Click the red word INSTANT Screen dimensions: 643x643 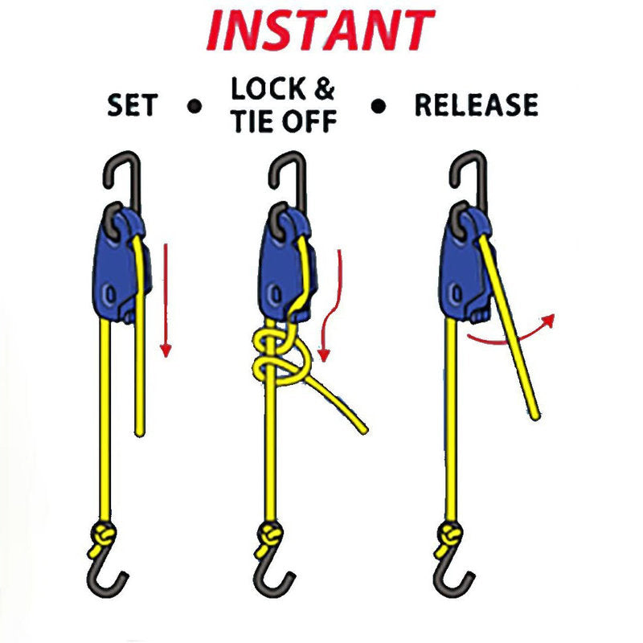[321, 31]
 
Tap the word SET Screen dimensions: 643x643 [133, 105]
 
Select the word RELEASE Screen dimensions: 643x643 [477, 104]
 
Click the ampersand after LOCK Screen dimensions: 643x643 [325, 88]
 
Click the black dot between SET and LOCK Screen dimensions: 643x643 [194, 107]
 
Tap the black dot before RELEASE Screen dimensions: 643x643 [378, 107]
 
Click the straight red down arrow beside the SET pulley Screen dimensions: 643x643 [166, 300]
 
